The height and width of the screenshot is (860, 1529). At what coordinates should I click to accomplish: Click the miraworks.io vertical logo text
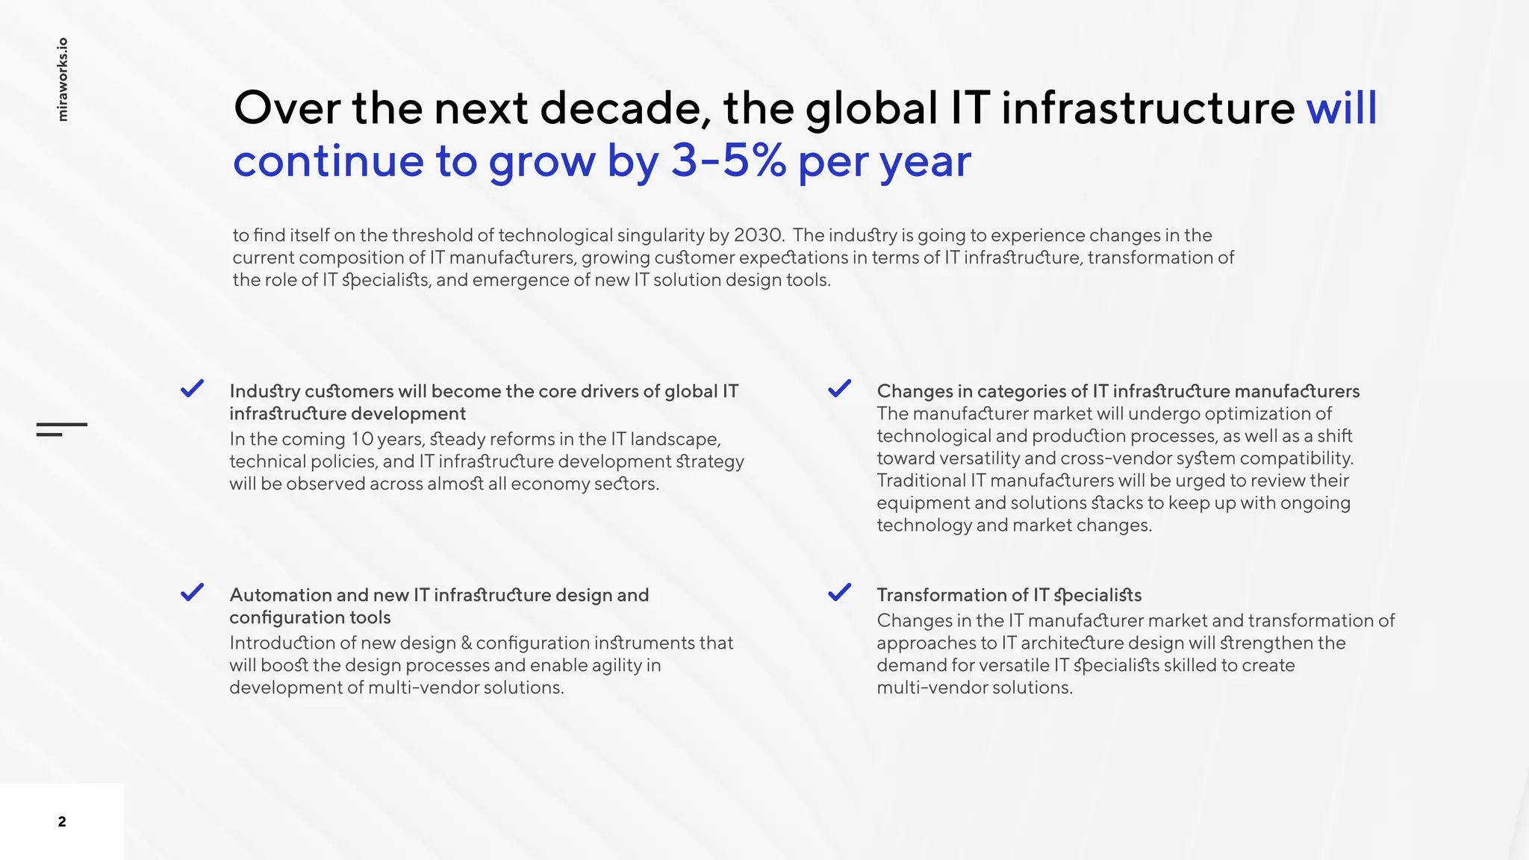tap(63, 79)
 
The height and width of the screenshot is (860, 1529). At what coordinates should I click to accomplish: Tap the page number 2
tap(62, 822)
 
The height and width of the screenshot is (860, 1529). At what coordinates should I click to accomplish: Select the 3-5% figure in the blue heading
tap(728, 161)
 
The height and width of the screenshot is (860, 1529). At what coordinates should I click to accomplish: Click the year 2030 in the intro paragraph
tap(758, 235)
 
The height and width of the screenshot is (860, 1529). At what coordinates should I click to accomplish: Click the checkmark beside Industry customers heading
tap(193, 389)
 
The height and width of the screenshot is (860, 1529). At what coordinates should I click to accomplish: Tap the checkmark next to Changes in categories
tap(840, 389)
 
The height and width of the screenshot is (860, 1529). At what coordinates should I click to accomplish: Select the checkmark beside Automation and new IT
tap(193, 593)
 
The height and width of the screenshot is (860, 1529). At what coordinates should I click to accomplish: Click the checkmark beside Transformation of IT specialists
tap(840, 593)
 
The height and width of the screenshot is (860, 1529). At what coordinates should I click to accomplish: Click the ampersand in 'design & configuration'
tap(467, 643)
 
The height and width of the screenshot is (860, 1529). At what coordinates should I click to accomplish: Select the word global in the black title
tap(871, 109)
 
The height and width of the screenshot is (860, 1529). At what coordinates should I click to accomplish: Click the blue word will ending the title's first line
tap(1341, 109)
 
